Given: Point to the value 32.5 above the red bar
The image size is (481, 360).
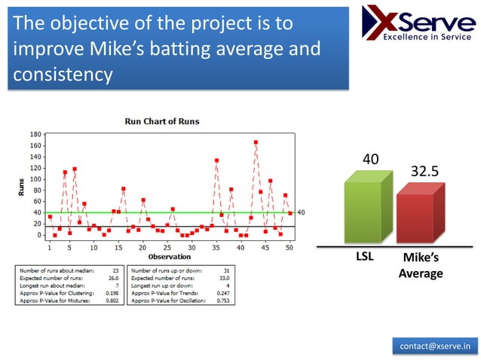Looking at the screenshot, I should click(424, 171).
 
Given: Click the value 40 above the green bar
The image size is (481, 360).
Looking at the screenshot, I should click(370, 159).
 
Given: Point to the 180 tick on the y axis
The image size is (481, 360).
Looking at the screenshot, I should click(36, 134).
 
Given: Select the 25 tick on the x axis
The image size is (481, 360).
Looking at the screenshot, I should click(167, 247).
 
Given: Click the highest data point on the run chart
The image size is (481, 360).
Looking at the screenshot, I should click(256, 142).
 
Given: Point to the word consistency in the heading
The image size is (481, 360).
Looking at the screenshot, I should click(63, 75).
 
